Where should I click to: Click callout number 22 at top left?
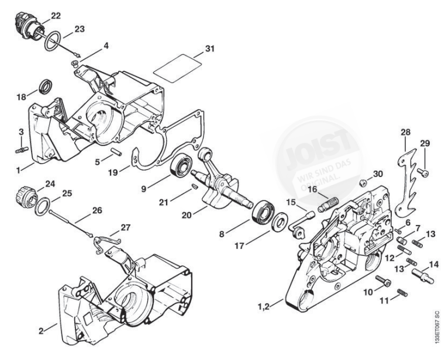coord(55,14)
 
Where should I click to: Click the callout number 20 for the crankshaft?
coord(187,215)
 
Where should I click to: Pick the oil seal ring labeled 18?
coord(44,88)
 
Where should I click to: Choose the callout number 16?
coord(313,189)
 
